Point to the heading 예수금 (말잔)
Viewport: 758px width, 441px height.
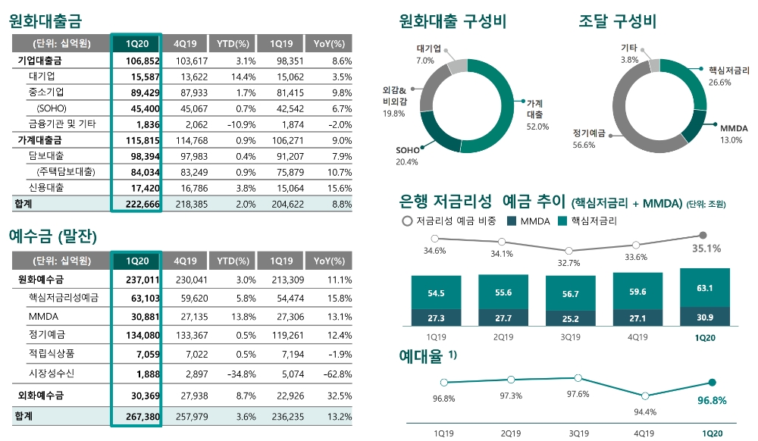(53, 237)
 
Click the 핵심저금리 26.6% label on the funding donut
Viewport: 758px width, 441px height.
(728, 76)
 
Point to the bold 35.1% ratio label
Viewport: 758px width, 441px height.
(706, 248)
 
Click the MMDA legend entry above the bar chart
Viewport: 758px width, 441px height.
(531, 221)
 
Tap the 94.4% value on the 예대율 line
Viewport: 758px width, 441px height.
(645, 411)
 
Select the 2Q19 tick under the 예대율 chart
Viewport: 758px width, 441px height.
(510, 433)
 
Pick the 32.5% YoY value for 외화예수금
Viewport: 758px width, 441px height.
(338, 395)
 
